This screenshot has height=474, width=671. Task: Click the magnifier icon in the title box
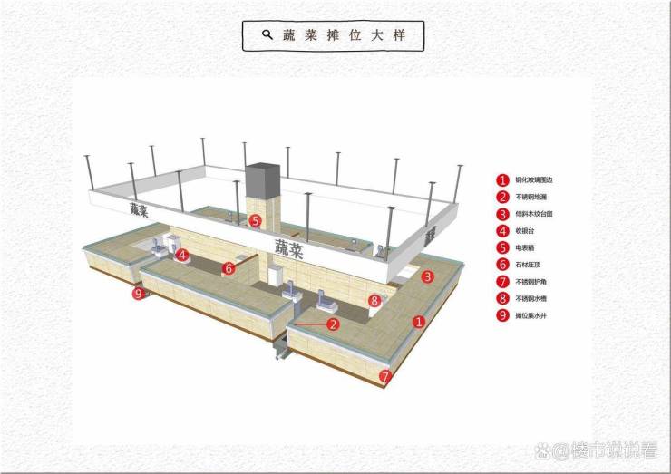click(267, 34)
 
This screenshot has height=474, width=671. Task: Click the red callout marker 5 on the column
click(255, 220)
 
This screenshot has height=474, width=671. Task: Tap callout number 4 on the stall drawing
click(182, 256)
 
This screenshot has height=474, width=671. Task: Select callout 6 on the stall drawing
click(229, 267)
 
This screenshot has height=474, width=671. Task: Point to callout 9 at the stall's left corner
click(138, 293)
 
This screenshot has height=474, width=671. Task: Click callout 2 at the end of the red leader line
click(333, 323)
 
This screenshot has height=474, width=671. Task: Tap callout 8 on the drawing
click(374, 299)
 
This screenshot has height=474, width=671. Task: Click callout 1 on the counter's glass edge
click(418, 320)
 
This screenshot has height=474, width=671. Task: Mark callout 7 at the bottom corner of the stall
click(385, 374)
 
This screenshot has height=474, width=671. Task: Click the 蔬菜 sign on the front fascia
click(290, 247)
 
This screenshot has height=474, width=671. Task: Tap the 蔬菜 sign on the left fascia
click(139, 209)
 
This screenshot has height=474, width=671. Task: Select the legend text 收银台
click(526, 230)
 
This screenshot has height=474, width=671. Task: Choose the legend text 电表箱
click(526, 247)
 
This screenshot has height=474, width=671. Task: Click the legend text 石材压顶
click(529, 265)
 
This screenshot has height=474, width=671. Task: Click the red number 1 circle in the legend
click(501, 179)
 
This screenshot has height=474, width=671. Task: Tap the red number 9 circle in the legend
click(501, 315)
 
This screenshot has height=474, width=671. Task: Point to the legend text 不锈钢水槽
click(531, 298)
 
